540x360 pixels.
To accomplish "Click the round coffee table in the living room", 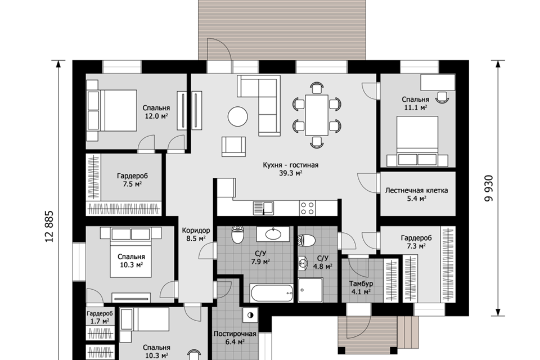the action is (237, 116).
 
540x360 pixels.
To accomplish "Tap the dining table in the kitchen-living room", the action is (317, 115).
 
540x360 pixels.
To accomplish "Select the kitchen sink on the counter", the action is (263, 208).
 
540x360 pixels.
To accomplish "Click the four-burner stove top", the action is (307, 208).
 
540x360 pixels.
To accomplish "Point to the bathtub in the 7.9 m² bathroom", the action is (272, 293).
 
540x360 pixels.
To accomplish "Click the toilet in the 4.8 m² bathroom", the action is (306, 240).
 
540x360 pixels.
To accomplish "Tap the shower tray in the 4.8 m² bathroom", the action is (310, 290).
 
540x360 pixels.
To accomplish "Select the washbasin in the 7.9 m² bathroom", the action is (273, 234).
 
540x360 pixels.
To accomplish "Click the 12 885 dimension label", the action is (49, 226).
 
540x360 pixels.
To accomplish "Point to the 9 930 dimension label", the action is (489, 188).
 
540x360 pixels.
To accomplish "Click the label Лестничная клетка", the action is (416, 191).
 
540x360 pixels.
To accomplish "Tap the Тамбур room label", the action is (361, 284).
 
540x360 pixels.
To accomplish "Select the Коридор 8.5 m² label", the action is (196, 234).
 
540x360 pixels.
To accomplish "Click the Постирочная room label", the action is (235, 334).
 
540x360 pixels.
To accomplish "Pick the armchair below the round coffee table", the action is (234, 146).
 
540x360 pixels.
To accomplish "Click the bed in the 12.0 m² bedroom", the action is (112, 110).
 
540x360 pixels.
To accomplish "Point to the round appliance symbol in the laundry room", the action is (250, 314).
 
